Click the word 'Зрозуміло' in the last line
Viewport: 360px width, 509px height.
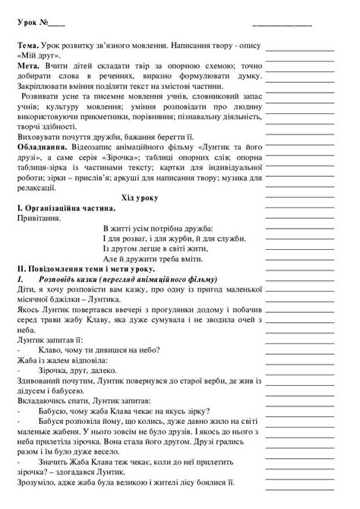37,502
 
